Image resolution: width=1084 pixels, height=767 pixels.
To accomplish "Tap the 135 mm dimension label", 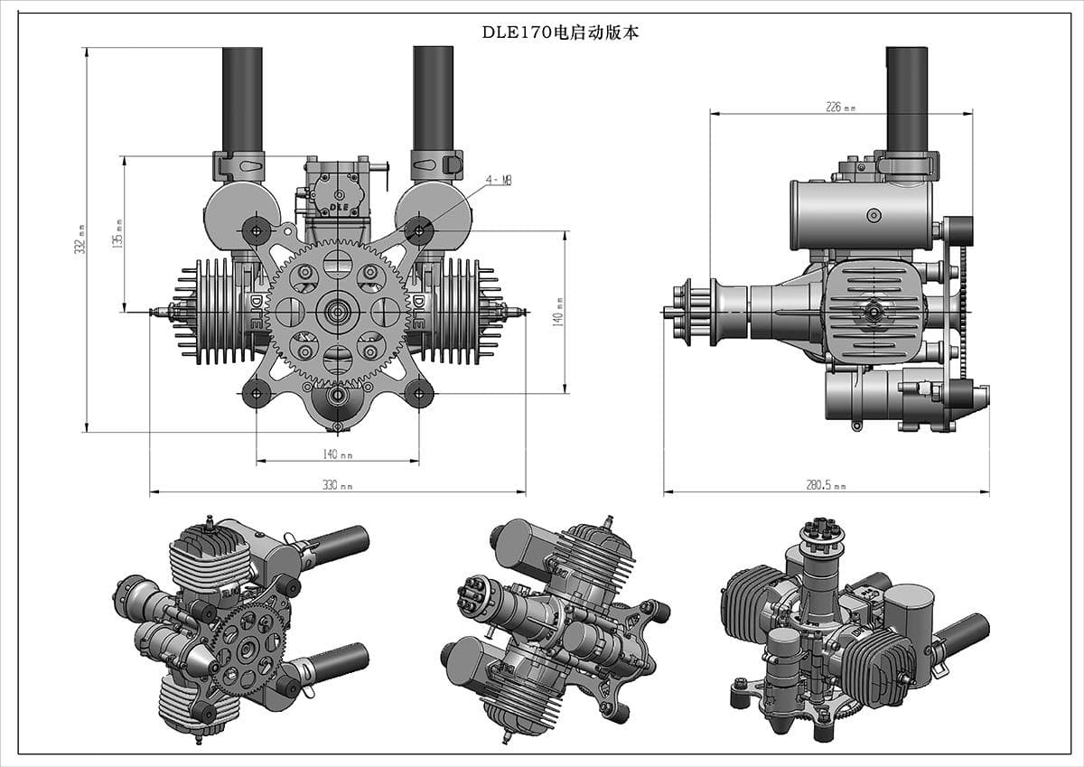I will pyautogui.click(x=117, y=234).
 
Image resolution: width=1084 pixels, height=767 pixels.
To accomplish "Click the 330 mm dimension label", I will pyautogui.click(x=337, y=486).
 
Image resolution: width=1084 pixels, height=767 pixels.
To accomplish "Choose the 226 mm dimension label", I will pyautogui.click(x=840, y=108).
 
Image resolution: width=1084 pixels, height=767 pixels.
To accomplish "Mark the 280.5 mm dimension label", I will pyautogui.click(x=826, y=485).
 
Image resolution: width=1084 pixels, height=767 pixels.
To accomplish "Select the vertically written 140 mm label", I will pyautogui.click(x=560, y=312).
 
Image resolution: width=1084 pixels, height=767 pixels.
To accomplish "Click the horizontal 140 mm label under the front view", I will pyautogui.click(x=337, y=454).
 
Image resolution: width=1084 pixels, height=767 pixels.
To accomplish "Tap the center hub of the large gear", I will pyautogui.click(x=338, y=313).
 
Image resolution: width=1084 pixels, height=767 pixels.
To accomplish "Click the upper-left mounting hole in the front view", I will pyautogui.click(x=257, y=230).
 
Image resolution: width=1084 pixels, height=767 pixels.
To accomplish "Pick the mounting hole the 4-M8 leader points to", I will pyautogui.click(x=418, y=229).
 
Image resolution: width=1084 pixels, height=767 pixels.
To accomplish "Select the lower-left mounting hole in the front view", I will pyautogui.click(x=257, y=393).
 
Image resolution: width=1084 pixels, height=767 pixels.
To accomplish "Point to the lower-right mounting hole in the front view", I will pyautogui.click(x=418, y=393).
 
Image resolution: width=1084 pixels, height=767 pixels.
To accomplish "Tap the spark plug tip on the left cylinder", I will pyautogui.click(x=155, y=313).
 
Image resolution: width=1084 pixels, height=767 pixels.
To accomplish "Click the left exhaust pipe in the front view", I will pyautogui.click(x=242, y=99).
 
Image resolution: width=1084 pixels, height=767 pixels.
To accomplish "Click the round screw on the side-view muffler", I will pyautogui.click(x=873, y=215).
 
